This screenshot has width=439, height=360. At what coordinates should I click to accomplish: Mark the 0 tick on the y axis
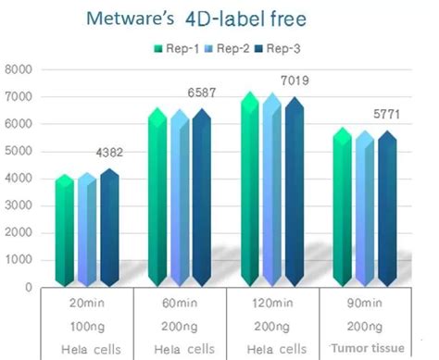pos(29,288)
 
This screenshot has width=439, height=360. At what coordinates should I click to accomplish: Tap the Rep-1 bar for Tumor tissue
pos(343,208)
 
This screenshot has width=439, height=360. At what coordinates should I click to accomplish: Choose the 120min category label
pos(271,304)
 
